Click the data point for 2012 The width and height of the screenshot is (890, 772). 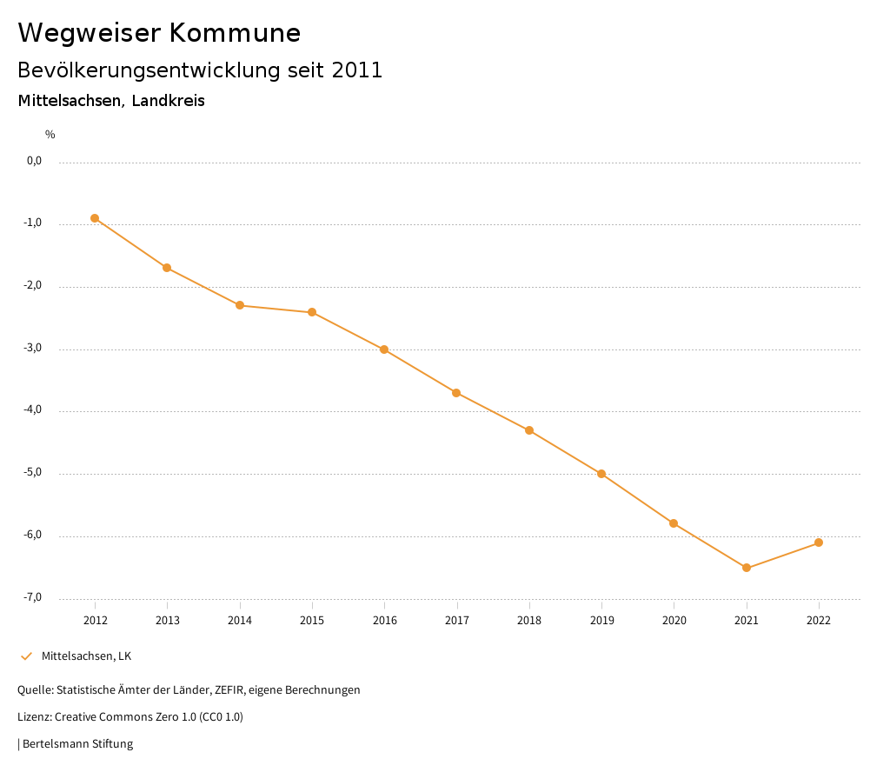[95, 218]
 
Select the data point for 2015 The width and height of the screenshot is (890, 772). [312, 312]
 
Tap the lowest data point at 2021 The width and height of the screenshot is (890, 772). [747, 568]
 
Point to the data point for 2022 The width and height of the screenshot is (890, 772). [819, 542]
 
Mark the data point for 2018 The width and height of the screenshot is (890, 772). [529, 430]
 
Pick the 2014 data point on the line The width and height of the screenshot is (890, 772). [240, 305]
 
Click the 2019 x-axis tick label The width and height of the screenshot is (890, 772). [601, 620]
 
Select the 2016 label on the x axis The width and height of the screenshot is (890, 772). [384, 620]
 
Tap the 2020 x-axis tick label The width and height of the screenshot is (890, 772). [674, 620]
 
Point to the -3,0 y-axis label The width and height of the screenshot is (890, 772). [34, 348]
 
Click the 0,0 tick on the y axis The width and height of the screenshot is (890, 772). [35, 161]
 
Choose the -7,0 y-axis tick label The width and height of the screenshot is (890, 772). [34, 597]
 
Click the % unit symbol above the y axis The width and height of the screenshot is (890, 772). [50, 134]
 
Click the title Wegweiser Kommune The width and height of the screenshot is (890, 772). [159, 32]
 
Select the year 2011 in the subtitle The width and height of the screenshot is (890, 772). [357, 70]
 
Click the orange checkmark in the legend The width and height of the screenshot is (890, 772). [26, 656]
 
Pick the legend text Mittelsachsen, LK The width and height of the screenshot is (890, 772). [86, 656]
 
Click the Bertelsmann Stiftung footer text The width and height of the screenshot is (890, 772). [77, 743]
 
